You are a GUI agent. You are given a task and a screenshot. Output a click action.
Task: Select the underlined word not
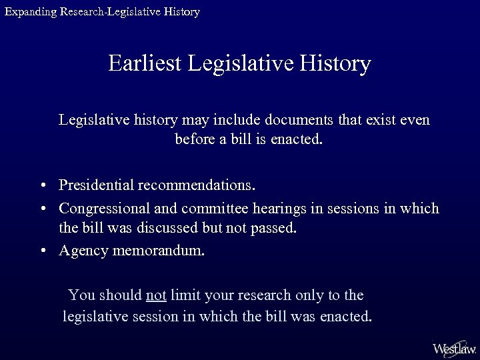tap(155, 295)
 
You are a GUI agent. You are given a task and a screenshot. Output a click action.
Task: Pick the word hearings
tap(279, 209)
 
